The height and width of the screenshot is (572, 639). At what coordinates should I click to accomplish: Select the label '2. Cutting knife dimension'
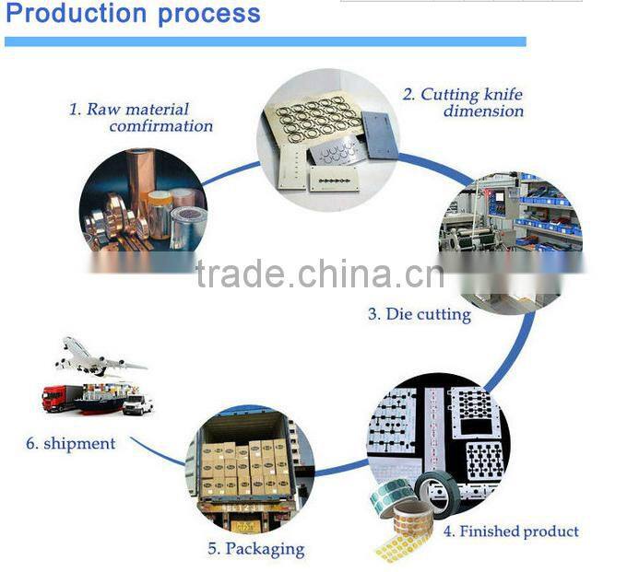463,102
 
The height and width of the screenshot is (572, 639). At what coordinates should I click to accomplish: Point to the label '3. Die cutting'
420,314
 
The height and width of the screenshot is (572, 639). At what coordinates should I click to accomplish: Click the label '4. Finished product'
511,531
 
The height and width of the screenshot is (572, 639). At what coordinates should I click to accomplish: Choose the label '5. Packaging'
255,549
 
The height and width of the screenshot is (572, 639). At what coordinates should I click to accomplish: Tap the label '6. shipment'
71,443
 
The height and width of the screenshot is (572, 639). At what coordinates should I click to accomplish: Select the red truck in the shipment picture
57,397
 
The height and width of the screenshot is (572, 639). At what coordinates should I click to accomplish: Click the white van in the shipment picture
138,404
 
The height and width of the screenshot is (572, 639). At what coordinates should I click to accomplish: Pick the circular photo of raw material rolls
143,204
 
